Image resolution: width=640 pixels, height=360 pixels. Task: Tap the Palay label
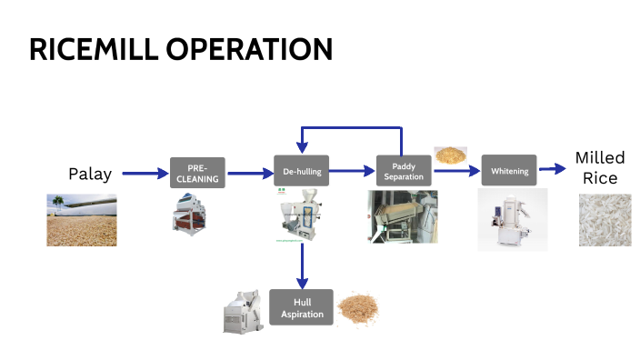tap(90, 173)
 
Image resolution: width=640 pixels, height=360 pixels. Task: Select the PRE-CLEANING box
tap(197, 172)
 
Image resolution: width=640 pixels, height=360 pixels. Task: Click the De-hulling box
tap(301, 170)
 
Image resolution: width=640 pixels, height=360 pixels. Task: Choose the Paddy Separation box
tap(404, 171)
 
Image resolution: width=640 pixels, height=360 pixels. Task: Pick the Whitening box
tap(509, 171)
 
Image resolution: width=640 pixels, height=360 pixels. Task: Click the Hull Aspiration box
tap(301, 307)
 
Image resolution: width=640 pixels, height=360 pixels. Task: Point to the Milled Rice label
tap(600, 167)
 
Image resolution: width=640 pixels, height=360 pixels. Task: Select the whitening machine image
tap(512, 219)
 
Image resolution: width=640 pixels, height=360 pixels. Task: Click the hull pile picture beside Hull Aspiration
tap(357, 308)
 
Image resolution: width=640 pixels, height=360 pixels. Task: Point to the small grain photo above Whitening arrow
tap(449, 155)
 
